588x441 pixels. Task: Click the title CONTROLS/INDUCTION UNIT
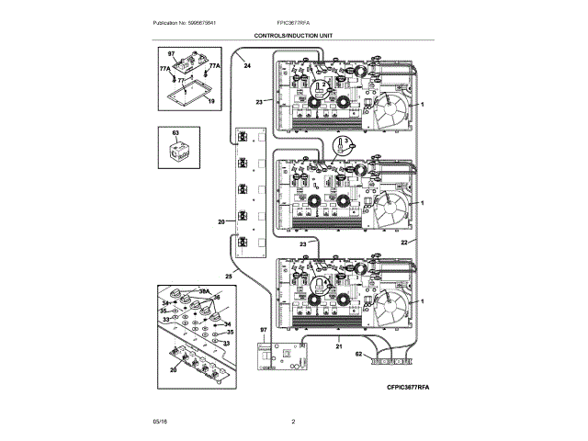tap(294, 36)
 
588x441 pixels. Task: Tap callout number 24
tap(246, 66)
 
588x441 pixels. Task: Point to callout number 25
tap(229, 277)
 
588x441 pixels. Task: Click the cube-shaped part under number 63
tap(175, 153)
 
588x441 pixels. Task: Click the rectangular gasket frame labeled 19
tap(188, 95)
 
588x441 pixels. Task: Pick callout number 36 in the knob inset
tap(218, 298)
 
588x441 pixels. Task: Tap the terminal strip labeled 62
tap(390, 362)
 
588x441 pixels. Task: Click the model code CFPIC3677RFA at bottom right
tap(401, 389)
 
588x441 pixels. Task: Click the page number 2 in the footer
tap(292, 421)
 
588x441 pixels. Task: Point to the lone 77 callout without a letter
tap(181, 81)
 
